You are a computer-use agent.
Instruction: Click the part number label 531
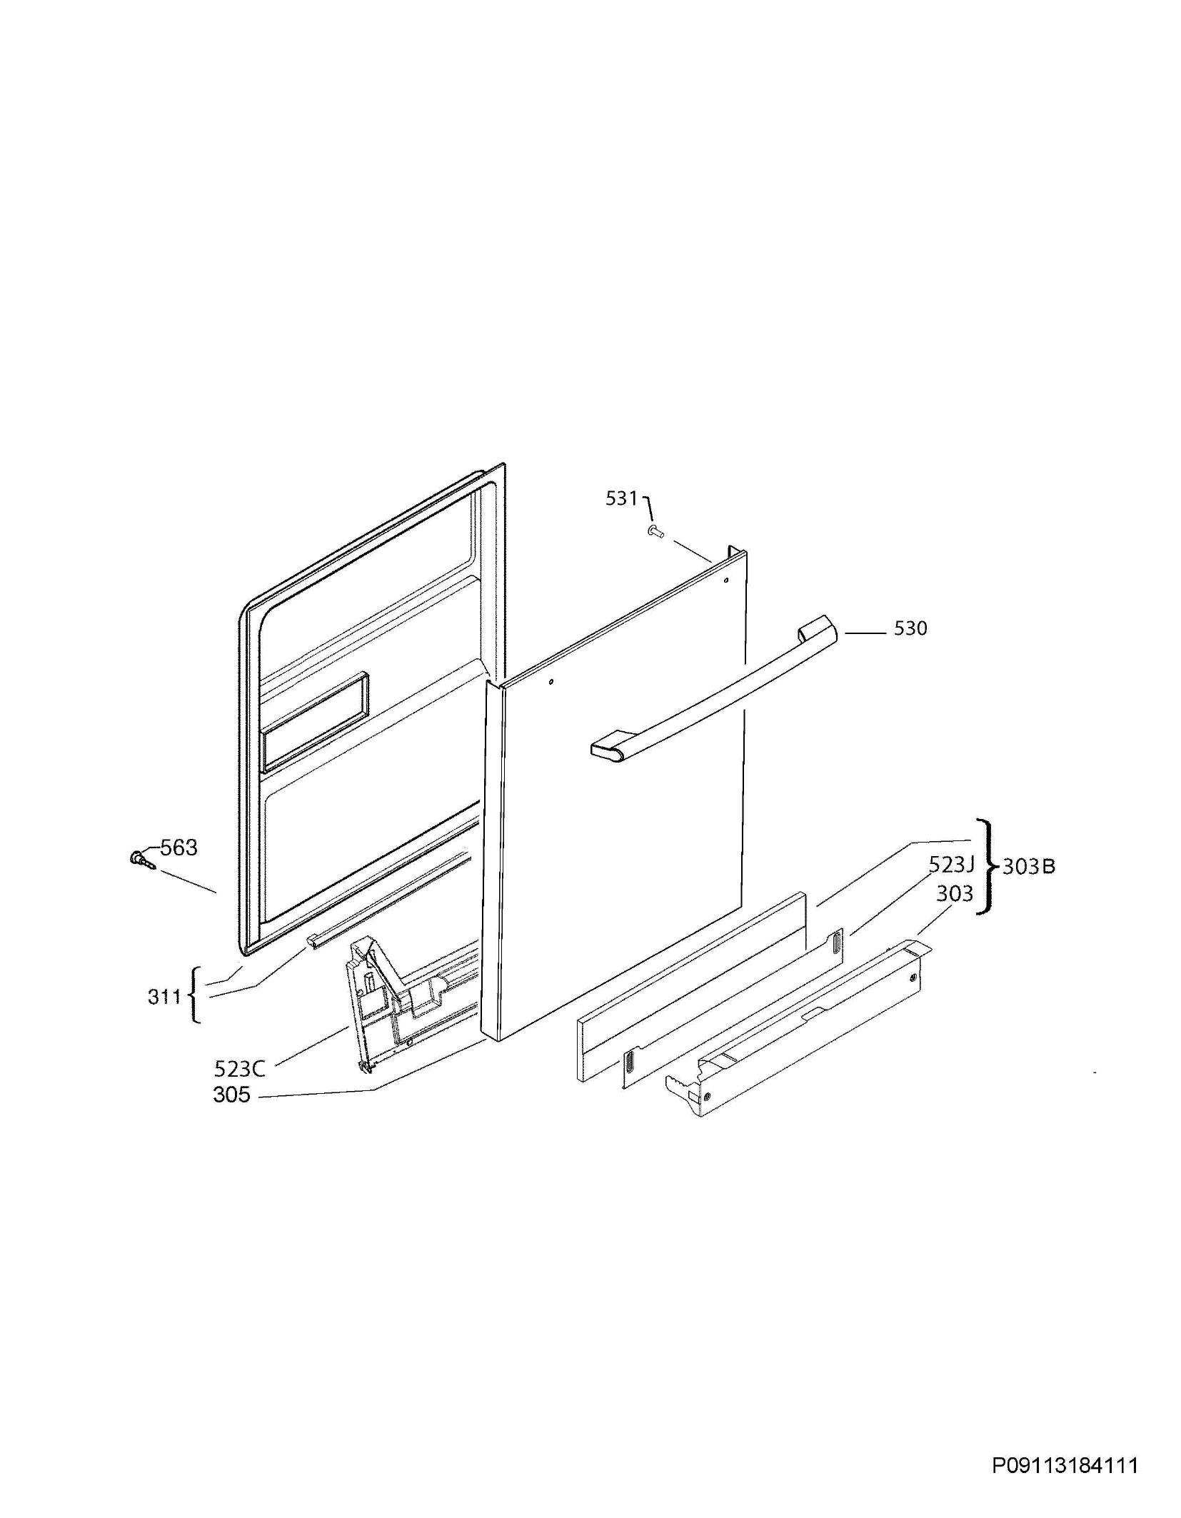621,498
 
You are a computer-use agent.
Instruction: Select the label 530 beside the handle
910,628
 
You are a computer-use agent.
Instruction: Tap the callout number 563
179,848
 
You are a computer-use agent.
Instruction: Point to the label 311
164,996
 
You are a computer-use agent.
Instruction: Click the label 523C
239,1069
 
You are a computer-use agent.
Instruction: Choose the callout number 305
231,1095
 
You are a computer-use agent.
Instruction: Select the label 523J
951,865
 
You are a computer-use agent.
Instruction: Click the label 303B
1029,867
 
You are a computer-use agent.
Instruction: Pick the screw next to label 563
141,860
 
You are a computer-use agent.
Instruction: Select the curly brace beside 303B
987,866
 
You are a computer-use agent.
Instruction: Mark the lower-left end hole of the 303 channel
706,1097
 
